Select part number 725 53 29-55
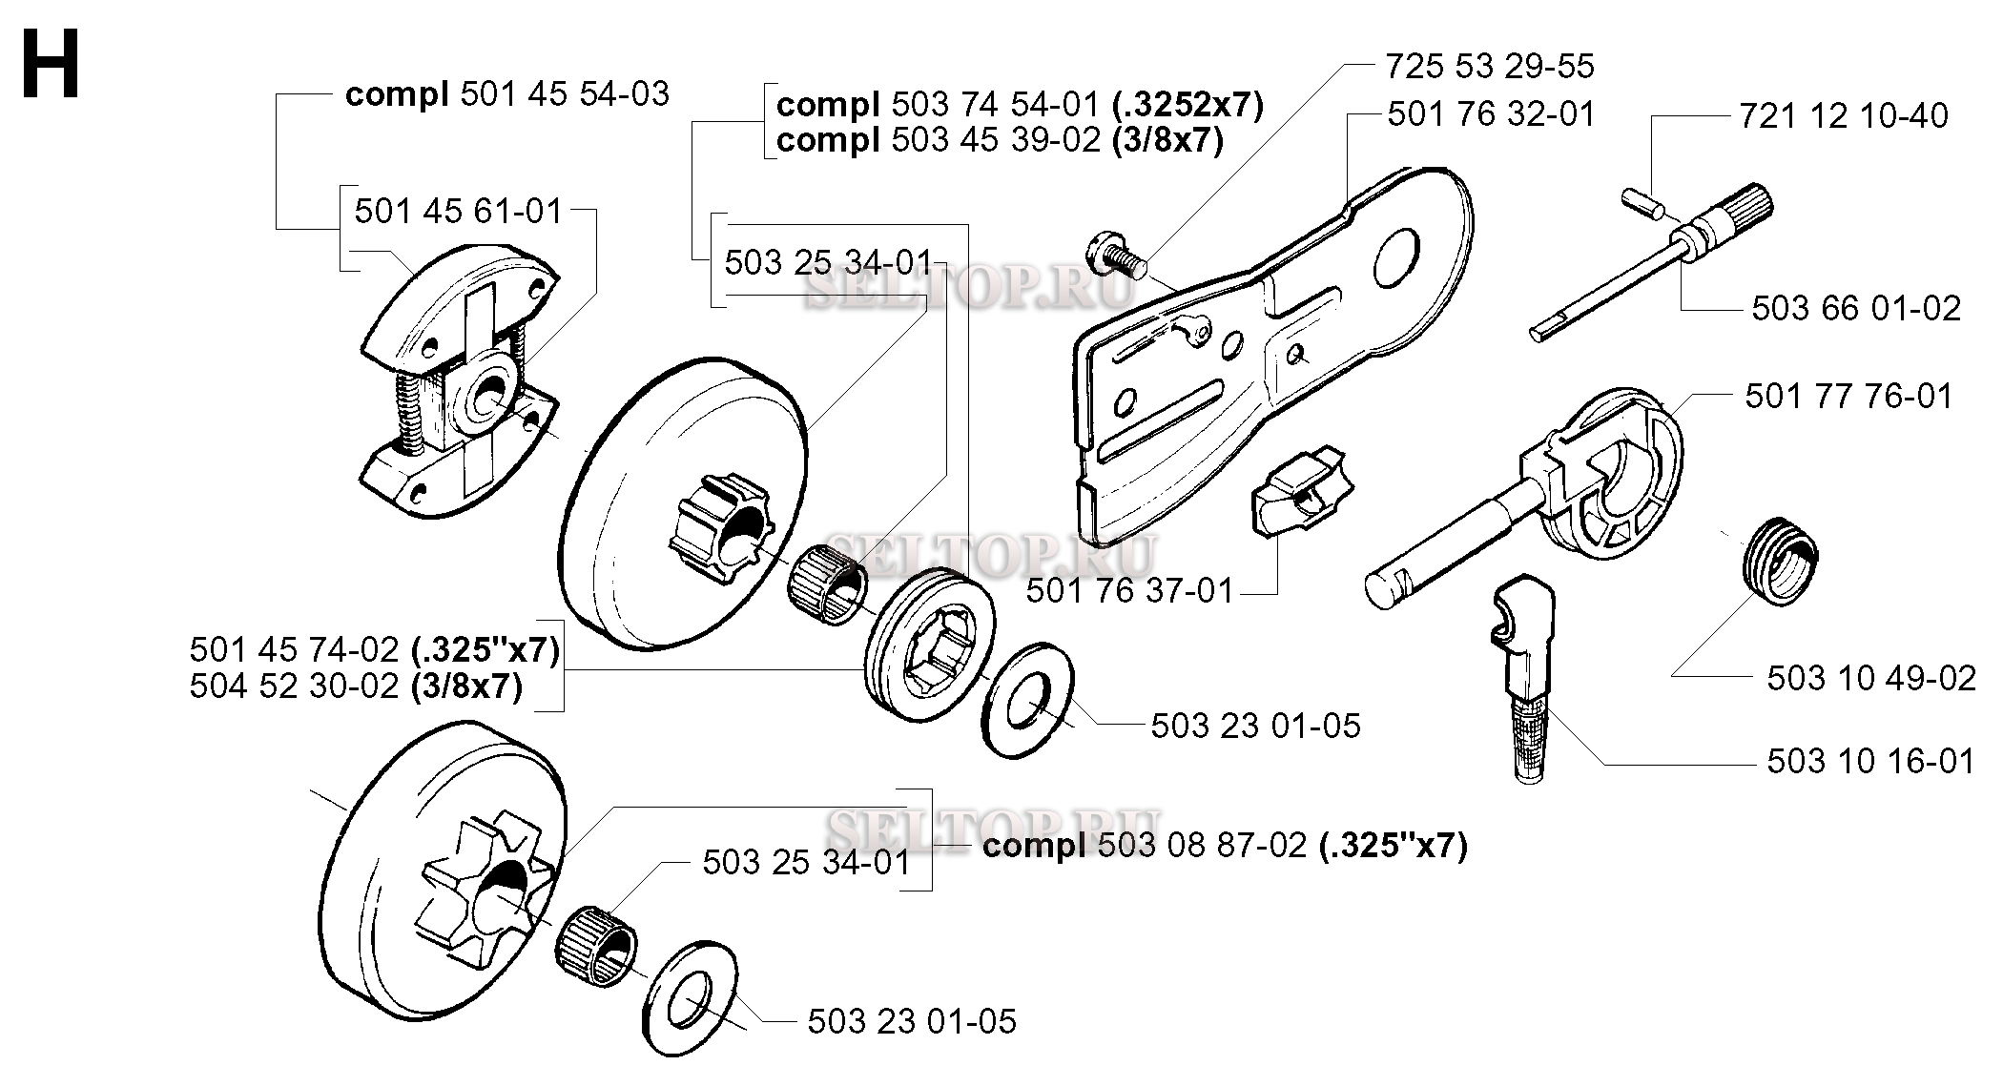1489,67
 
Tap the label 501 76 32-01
1491,114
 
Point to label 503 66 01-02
1856,308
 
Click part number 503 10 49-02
1871,678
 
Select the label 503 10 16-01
1871,761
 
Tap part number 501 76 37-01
1130,591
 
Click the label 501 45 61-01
459,211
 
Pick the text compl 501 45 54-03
507,94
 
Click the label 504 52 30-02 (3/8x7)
356,686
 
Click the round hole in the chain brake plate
1398,255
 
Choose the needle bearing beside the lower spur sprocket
597,940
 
